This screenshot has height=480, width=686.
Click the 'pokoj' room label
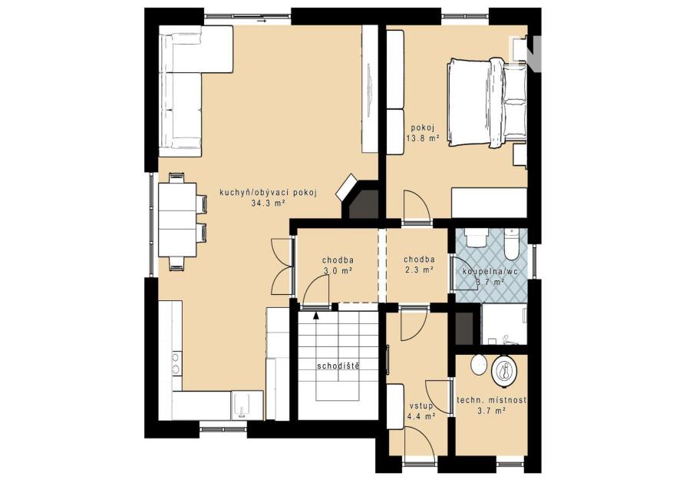pyautogui.click(x=421, y=128)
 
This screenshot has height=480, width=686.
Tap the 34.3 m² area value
pyautogui.click(x=269, y=203)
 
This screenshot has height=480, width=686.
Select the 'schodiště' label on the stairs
pyautogui.click(x=338, y=366)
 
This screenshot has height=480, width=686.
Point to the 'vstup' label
pyautogui.click(x=421, y=406)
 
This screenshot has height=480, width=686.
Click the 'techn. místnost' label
pyautogui.click(x=491, y=400)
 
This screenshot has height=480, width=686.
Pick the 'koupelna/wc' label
pyautogui.click(x=490, y=272)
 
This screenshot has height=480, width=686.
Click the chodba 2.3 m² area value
pyautogui.click(x=419, y=270)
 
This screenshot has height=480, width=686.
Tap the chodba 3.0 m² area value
pyautogui.click(x=338, y=271)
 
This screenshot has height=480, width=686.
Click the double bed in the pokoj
pyautogui.click(x=486, y=102)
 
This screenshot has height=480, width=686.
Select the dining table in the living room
pyautogui.click(x=176, y=220)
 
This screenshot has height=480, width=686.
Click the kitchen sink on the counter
pyautogui.click(x=242, y=405)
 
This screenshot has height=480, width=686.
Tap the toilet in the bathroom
pyautogui.click(x=510, y=246)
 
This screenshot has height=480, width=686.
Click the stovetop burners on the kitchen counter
pyautogui.click(x=176, y=363)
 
